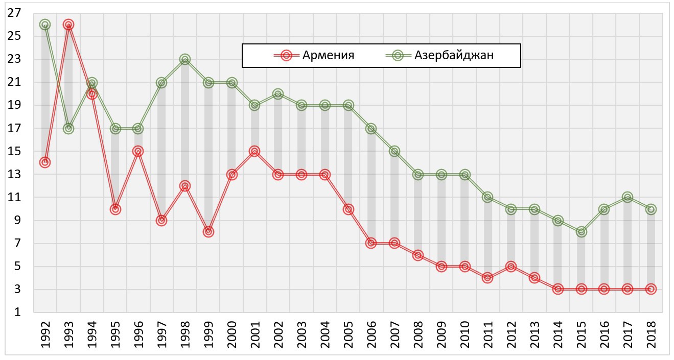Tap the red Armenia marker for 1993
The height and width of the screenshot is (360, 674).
pyautogui.click(x=68, y=25)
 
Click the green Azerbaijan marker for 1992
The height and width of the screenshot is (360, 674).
pyautogui.click(x=45, y=25)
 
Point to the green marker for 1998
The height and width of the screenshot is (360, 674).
pyautogui.click(x=185, y=59)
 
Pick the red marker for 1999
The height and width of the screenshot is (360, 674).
pyautogui.click(x=208, y=232)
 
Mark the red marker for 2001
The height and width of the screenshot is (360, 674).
pyautogui.click(x=254, y=151)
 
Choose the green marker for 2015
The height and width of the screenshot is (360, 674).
pyautogui.click(x=581, y=232)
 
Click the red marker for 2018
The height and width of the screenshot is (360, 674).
pyautogui.click(x=650, y=289)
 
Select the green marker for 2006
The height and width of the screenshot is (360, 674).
pyautogui.click(x=371, y=128)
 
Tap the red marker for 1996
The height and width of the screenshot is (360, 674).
pyautogui.click(x=138, y=151)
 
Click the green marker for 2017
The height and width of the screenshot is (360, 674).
pyautogui.click(x=627, y=197)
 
